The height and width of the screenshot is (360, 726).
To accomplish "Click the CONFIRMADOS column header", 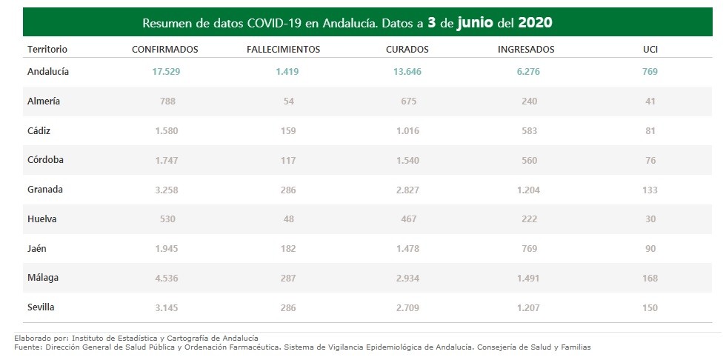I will click(x=164, y=50).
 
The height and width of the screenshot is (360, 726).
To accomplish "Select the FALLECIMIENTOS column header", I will click(x=283, y=50).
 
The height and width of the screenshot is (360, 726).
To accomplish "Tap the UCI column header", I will click(x=650, y=50).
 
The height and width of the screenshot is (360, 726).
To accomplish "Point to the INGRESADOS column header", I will click(x=526, y=50).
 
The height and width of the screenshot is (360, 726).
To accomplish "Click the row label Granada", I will click(x=44, y=190).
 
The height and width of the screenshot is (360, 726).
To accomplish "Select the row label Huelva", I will click(x=41, y=219).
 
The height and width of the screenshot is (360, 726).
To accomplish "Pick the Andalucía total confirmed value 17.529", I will click(x=166, y=72).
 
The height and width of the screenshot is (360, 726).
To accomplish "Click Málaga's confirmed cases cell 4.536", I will click(x=167, y=278).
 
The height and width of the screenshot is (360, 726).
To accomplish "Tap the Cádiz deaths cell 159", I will click(x=288, y=131).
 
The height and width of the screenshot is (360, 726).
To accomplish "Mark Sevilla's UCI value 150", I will click(x=650, y=307).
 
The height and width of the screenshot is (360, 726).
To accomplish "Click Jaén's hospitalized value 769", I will click(x=529, y=248).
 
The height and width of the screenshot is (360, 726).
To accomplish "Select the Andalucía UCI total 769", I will click(x=650, y=72).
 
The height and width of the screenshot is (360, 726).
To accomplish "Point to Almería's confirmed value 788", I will click(x=167, y=101).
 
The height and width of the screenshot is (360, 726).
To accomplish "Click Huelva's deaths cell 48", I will click(x=288, y=219).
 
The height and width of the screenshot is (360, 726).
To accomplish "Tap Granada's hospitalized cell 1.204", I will click(x=529, y=190).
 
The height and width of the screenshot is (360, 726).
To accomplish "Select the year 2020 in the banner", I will click(x=535, y=22).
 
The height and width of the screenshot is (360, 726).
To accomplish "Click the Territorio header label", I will click(x=47, y=50).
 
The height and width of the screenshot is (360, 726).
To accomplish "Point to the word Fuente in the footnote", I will click(x=28, y=347).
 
